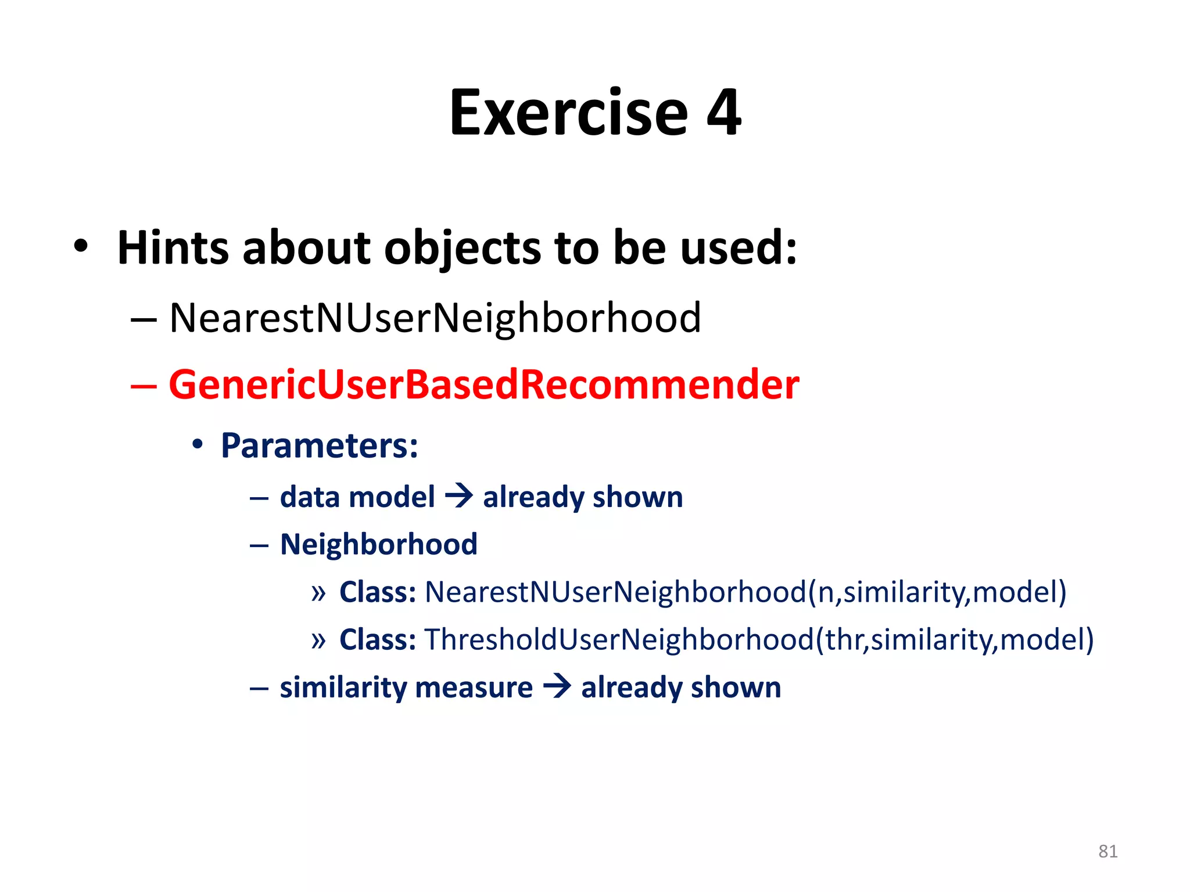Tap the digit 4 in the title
coord(723,113)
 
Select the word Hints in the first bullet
coord(173,248)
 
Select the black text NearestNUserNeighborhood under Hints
coord(435,318)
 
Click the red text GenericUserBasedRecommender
coord(483,385)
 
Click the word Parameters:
coord(320,446)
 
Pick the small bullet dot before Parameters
coord(198,445)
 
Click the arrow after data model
coord(459,497)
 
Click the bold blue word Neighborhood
coord(378,545)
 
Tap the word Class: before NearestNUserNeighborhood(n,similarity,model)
coord(378,592)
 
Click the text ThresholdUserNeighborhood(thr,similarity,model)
coord(759,640)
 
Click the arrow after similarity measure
coord(557,687)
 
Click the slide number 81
coord(1107,851)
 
